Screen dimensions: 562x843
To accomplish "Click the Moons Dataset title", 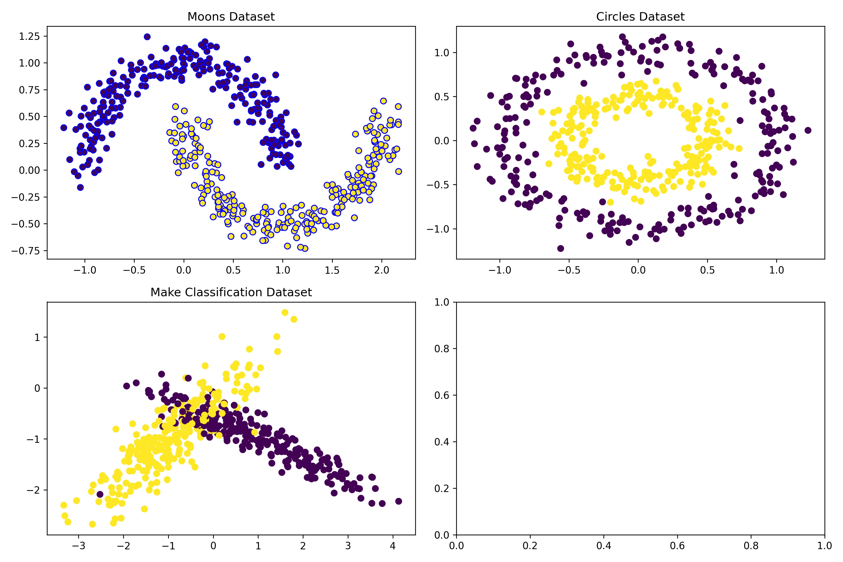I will (x=231, y=17).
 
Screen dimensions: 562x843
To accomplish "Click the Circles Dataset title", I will (x=640, y=17).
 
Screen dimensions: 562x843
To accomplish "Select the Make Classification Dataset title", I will (x=231, y=292).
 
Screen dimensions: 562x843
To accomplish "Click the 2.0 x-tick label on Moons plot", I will (x=381, y=270).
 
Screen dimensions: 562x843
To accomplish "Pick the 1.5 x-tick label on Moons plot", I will (x=332, y=270).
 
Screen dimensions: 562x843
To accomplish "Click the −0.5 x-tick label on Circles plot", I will (x=569, y=270).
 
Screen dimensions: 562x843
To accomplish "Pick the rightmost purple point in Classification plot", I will (x=399, y=501).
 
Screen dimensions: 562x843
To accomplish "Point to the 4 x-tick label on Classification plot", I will (x=393, y=546).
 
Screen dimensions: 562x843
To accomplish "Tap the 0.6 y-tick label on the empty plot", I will (x=442, y=395).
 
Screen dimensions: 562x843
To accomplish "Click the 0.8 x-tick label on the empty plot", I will (x=751, y=546).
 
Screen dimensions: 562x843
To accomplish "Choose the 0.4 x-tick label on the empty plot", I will (x=604, y=546).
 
